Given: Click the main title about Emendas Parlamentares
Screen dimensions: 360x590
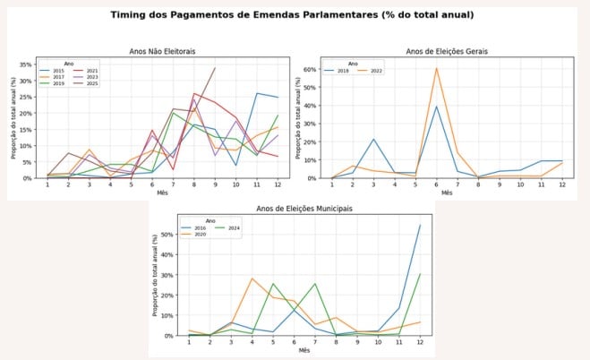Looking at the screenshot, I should pyautogui.click(x=295, y=15).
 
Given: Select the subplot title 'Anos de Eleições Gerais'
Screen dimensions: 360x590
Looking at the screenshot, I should pyautogui.click(x=448, y=51).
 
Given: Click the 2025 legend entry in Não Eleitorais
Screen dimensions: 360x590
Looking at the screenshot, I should pyautogui.click(x=90, y=82).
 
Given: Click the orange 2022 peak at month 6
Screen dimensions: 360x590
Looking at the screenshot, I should pyautogui.click(x=436, y=68).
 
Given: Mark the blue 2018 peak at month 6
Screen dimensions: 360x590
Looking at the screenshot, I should pyautogui.click(x=436, y=107).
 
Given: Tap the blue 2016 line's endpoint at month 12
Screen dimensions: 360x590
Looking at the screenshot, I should pyautogui.click(x=420, y=225).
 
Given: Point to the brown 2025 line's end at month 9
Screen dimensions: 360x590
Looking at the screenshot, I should pyautogui.click(x=215, y=68).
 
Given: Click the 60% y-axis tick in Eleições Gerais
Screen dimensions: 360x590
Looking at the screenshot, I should pyautogui.click(x=312, y=69).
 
